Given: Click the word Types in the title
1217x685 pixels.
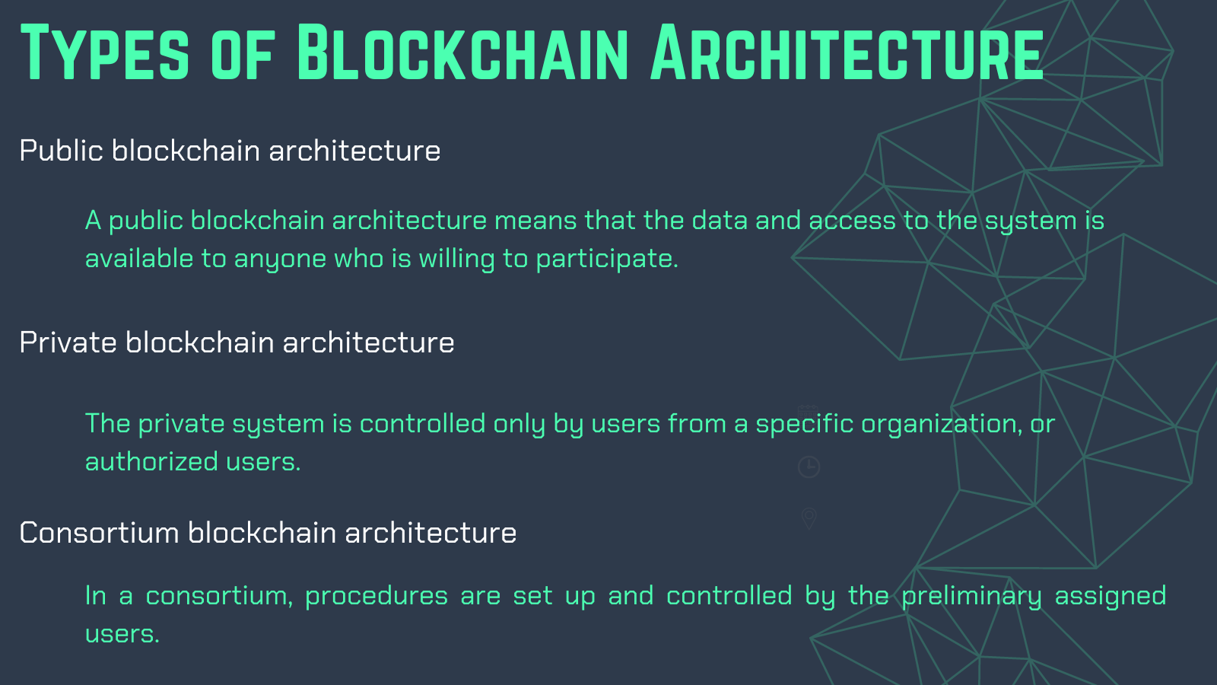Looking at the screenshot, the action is click(x=106, y=53).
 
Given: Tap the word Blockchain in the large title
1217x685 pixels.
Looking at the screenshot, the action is click(x=462, y=53).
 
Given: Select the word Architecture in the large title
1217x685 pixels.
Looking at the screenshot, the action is click(x=847, y=53).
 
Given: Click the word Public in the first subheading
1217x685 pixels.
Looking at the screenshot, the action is click(x=62, y=151).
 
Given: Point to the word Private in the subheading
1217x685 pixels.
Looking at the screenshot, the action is click(x=68, y=342).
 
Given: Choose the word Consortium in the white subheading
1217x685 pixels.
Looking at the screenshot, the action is click(x=100, y=532).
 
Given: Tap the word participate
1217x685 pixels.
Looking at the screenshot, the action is click(x=608, y=259).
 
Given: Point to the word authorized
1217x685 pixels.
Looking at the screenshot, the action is click(x=151, y=461).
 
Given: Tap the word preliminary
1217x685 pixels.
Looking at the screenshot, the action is click(x=971, y=597).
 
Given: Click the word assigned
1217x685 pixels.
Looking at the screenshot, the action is click(x=1111, y=597).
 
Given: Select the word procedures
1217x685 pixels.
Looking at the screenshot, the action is click(x=377, y=597).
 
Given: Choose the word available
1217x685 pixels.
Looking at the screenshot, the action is click(x=139, y=259).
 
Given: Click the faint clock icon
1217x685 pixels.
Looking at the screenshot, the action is click(x=809, y=467).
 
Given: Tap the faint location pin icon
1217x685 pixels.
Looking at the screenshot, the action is click(x=809, y=518).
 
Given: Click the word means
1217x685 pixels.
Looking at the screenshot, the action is click(x=535, y=221).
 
